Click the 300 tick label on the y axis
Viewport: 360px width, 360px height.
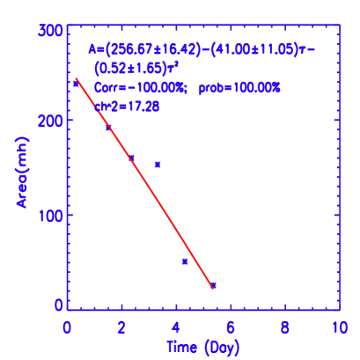click(x=50, y=31)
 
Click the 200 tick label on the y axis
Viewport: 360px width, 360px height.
click(x=50, y=121)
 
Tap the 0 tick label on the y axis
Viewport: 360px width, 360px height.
click(x=58, y=305)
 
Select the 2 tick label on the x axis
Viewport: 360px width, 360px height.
click(x=121, y=327)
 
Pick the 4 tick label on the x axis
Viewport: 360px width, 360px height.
click(x=176, y=327)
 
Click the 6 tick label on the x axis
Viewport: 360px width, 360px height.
click(x=231, y=327)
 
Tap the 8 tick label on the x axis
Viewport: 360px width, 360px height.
click(x=285, y=327)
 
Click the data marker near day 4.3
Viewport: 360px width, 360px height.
click(x=185, y=261)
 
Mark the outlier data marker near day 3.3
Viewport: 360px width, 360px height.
click(x=158, y=165)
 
